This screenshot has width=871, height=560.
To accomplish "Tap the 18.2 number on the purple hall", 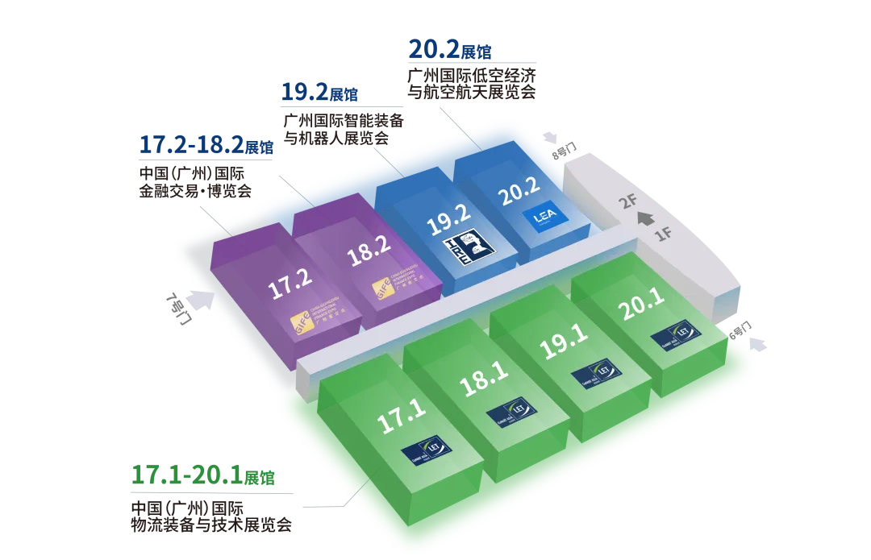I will [369, 258].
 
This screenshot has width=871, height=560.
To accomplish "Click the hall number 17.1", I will [402, 420].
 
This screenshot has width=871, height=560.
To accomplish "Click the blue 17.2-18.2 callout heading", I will [206, 147].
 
